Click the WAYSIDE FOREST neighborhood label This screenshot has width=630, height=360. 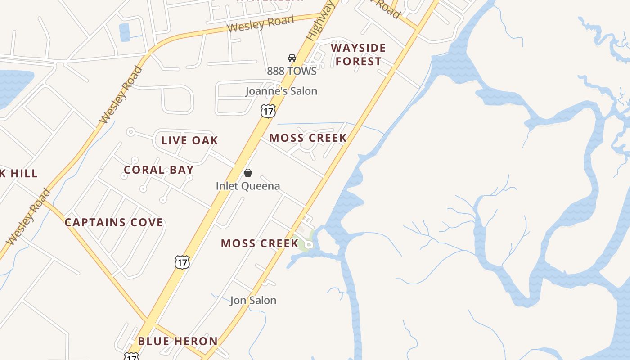(358, 54)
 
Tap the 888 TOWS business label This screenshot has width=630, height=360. (292, 71)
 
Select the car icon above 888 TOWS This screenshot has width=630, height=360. (292, 58)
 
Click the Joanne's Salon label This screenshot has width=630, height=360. (281, 91)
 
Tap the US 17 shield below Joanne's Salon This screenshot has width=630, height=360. (268, 111)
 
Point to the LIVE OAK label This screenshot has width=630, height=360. (189, 140)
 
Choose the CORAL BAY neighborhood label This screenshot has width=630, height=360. (158, 170)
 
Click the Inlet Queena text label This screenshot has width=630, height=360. (247, 186)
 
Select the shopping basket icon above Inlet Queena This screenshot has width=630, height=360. (247, 173)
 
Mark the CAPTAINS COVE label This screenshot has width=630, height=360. (114, 223)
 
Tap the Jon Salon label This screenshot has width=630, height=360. (253, 300)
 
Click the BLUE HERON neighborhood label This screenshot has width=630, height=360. (178, 341)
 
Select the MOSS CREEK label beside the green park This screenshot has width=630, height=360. (260, 244)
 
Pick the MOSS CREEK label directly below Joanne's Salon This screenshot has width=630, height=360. (308, 138)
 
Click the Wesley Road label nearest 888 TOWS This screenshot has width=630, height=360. (260, 23)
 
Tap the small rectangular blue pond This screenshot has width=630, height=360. (124, 32)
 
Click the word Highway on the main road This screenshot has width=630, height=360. (320, 20)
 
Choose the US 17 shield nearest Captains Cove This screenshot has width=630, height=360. (182, 262)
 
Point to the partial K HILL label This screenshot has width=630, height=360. (19, 174)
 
